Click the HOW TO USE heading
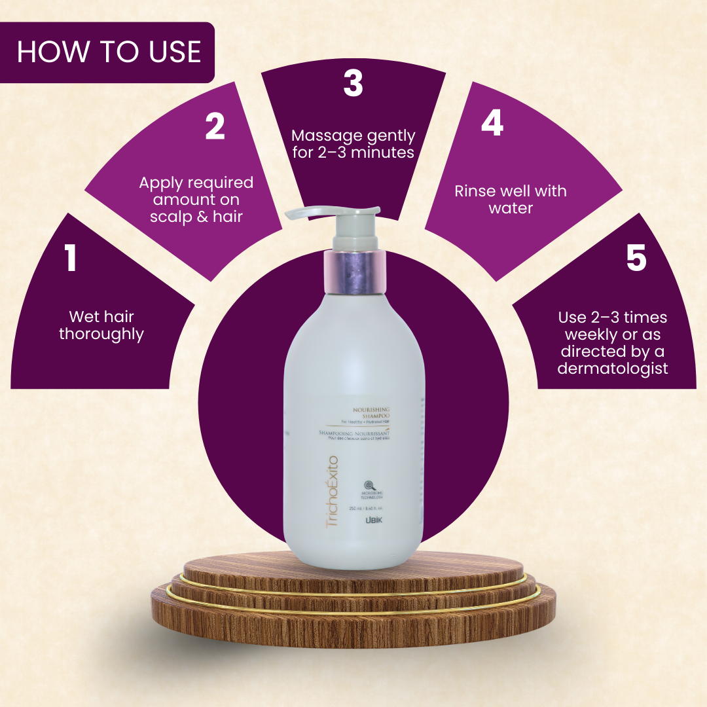click(109, 52)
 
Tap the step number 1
click(71, 259)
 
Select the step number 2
click(215, 126)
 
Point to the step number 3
click(353, 84)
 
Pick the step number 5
click(636, 258)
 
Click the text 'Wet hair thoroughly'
click(101, 325)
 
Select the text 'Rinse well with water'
click(511, 200)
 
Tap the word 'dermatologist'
click(613, 369)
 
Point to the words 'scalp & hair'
click(196, 217)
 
